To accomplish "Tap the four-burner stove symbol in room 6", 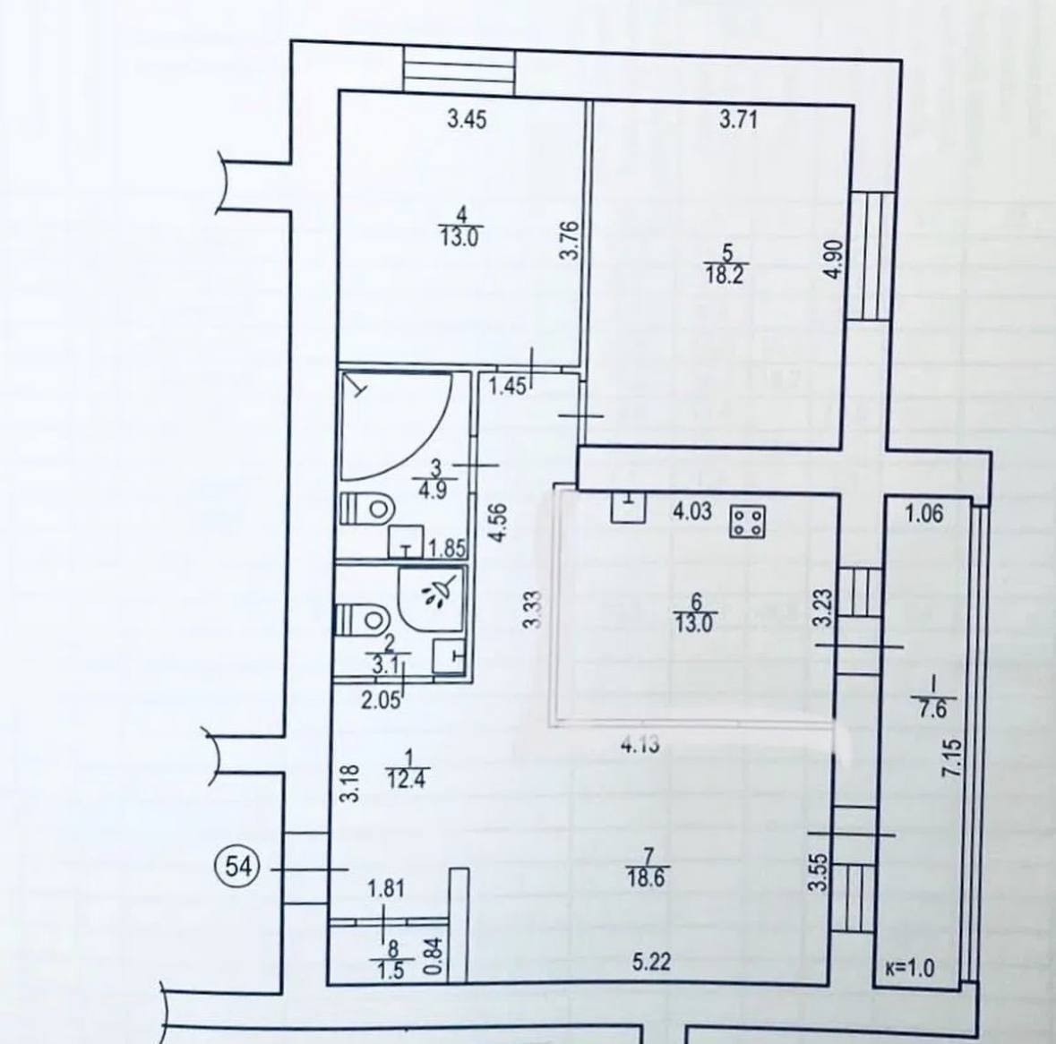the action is pos(747,521).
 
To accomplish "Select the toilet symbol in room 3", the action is pos(367,508).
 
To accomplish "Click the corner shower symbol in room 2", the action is pos(431,600).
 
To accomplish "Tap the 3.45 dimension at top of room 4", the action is pos(467,121).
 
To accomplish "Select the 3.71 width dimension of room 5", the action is pos(739,120).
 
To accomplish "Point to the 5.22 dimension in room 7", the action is pos(652,962).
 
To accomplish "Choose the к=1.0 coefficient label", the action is pos(910,970).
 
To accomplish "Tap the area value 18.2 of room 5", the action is pos(725,275).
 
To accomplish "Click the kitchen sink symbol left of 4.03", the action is pos(629,508).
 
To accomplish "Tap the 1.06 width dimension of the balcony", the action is pos(924,514).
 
